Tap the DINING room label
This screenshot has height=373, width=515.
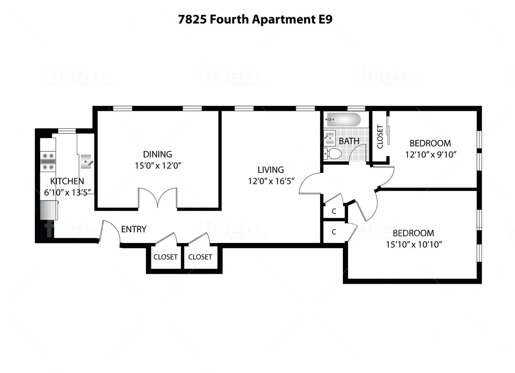[x=157, y=154]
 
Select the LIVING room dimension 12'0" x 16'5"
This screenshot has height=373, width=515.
[x=270, y=181]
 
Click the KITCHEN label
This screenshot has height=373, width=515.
[x=67, y=181]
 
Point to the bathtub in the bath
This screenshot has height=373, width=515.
[x=343, y=119]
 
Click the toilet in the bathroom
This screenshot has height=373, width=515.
[x=334, y=153]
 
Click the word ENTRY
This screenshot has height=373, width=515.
[x=133, y=229]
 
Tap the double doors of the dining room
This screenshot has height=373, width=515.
[x=158, y=199]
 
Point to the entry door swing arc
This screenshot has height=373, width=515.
[x=110, y=232]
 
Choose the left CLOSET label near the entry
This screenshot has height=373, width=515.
[x=165, y=257]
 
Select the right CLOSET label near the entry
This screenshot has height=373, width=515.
[x=200, y=257]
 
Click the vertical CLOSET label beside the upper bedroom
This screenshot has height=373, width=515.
[x=380, y=136]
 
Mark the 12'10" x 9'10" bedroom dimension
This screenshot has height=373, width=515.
[x=430, y=154]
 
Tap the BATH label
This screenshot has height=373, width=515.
[x=349, y=141]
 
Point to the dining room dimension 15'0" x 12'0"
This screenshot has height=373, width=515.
[x=157, y=166]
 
